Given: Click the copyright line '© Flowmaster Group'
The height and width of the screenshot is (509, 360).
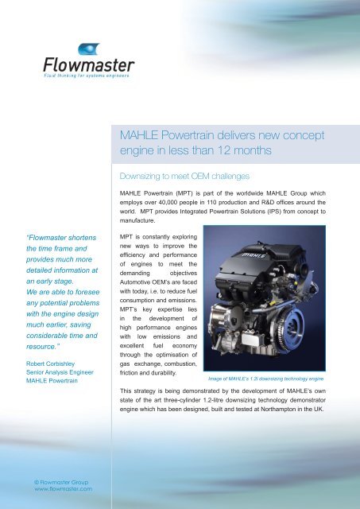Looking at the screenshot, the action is tap(55, 481).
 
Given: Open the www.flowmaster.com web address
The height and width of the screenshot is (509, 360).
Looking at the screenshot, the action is tap(58, 490).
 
